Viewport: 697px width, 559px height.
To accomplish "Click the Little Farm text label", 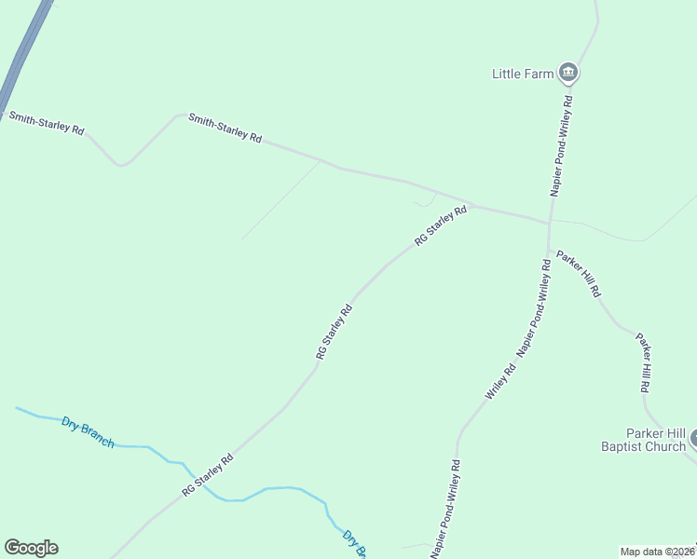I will point(523,74).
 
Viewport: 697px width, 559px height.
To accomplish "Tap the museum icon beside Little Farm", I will point(568,73).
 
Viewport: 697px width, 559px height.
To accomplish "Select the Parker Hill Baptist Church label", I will point(643,440).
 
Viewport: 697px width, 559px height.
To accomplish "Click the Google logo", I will point(31,548).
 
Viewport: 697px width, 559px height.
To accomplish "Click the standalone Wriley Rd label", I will point(500,383).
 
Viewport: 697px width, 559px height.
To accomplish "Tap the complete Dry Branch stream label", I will point(88,432).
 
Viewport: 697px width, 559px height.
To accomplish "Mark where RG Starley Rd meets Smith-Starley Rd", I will point(472,206).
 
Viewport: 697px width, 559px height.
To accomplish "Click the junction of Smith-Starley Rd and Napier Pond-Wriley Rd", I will point(549,223).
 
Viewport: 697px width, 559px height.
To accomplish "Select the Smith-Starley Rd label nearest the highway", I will point(47,123).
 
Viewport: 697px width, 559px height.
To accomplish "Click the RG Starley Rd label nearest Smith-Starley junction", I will point(441,226).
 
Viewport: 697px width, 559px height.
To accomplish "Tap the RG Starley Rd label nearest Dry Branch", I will point(207,475).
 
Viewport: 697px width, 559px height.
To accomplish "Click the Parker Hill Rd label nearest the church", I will point(643,361).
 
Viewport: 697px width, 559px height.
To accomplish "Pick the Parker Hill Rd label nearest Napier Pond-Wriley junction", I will point(579,273).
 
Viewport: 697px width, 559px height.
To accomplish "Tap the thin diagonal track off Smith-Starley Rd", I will point(280,200).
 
